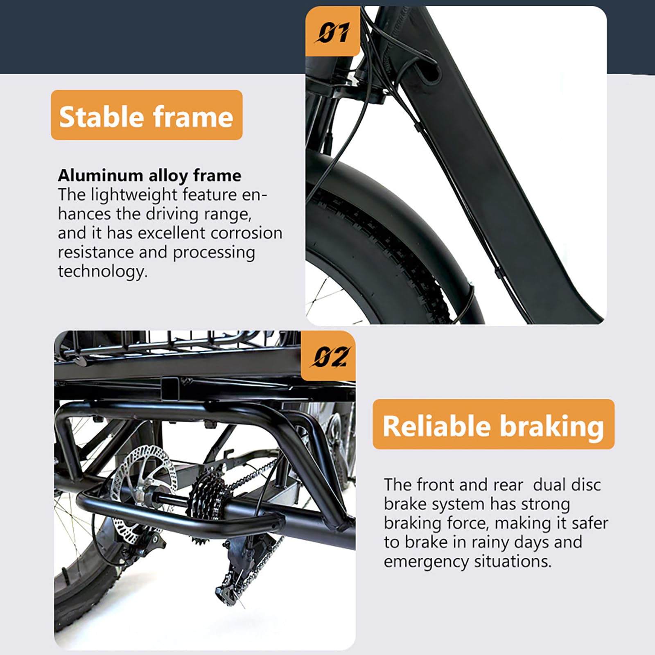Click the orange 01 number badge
333,31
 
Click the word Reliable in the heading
437,426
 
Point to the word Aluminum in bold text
100,176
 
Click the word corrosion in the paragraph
246,233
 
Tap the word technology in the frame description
102,272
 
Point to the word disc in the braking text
584,485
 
